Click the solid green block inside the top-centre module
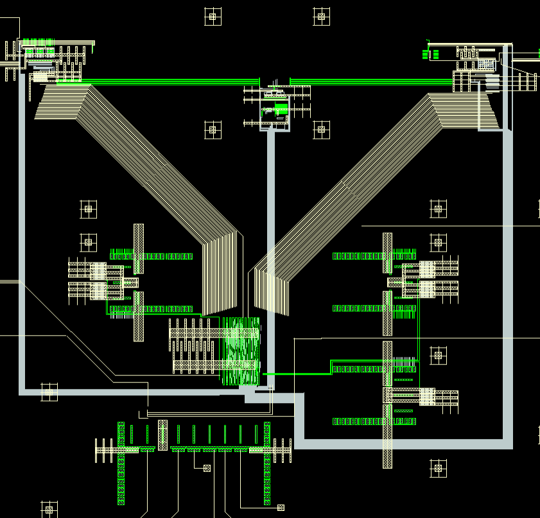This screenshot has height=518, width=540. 281,108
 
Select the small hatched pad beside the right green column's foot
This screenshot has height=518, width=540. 281,508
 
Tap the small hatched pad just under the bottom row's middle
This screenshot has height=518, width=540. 207,468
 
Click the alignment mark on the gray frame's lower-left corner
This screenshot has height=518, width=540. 49,392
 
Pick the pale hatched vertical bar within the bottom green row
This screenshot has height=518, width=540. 162,435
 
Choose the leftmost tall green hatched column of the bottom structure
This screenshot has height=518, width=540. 121,462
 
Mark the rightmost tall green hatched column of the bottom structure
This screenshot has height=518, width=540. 267,462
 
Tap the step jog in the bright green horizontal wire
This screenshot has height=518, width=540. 331,367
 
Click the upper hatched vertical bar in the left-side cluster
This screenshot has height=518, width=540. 139,248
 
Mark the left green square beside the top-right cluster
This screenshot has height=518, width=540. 425,53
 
